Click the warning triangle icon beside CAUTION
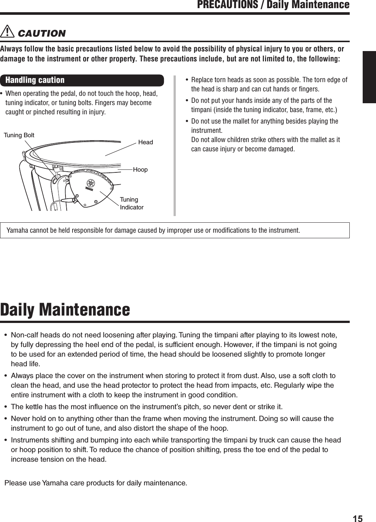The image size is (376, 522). [x=7, y=33]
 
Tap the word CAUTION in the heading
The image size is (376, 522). [x=41, y=33]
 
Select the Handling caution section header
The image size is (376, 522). [x=35, y=80]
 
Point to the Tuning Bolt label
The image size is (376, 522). [x=19, y=135]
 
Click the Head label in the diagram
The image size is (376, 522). [x=145, y=142]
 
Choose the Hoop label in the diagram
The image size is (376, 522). [x=140, y=169]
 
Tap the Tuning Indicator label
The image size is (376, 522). [x=131, y=203]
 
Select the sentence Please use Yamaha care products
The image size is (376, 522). [x=95, y=483]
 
